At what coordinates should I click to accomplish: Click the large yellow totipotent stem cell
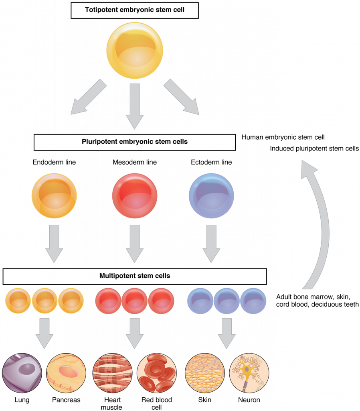[x=135, y=50]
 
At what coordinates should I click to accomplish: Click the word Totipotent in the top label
[x=101, y=10]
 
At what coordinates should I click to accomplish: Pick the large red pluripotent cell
[x=135, y=195]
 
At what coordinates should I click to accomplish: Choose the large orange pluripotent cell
[x=54, y=195]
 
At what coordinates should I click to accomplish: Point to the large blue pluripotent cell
[x=211, y=195]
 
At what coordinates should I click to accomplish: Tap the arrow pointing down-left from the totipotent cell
[x=87, y=98]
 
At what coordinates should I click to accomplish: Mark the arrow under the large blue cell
[x=211, y=243]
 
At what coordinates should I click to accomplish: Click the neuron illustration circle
[x=249, y=373]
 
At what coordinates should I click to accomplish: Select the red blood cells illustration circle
[x=157, y=373]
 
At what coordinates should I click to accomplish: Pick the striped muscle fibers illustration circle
[x=113, y=373]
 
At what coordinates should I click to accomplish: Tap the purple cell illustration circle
[x=22, y=373]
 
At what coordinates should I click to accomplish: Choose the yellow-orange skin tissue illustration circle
[x=205, y=373]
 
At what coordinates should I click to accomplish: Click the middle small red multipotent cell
[x=135, y=301]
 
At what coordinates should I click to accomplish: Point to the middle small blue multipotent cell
[x=227, y=301]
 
